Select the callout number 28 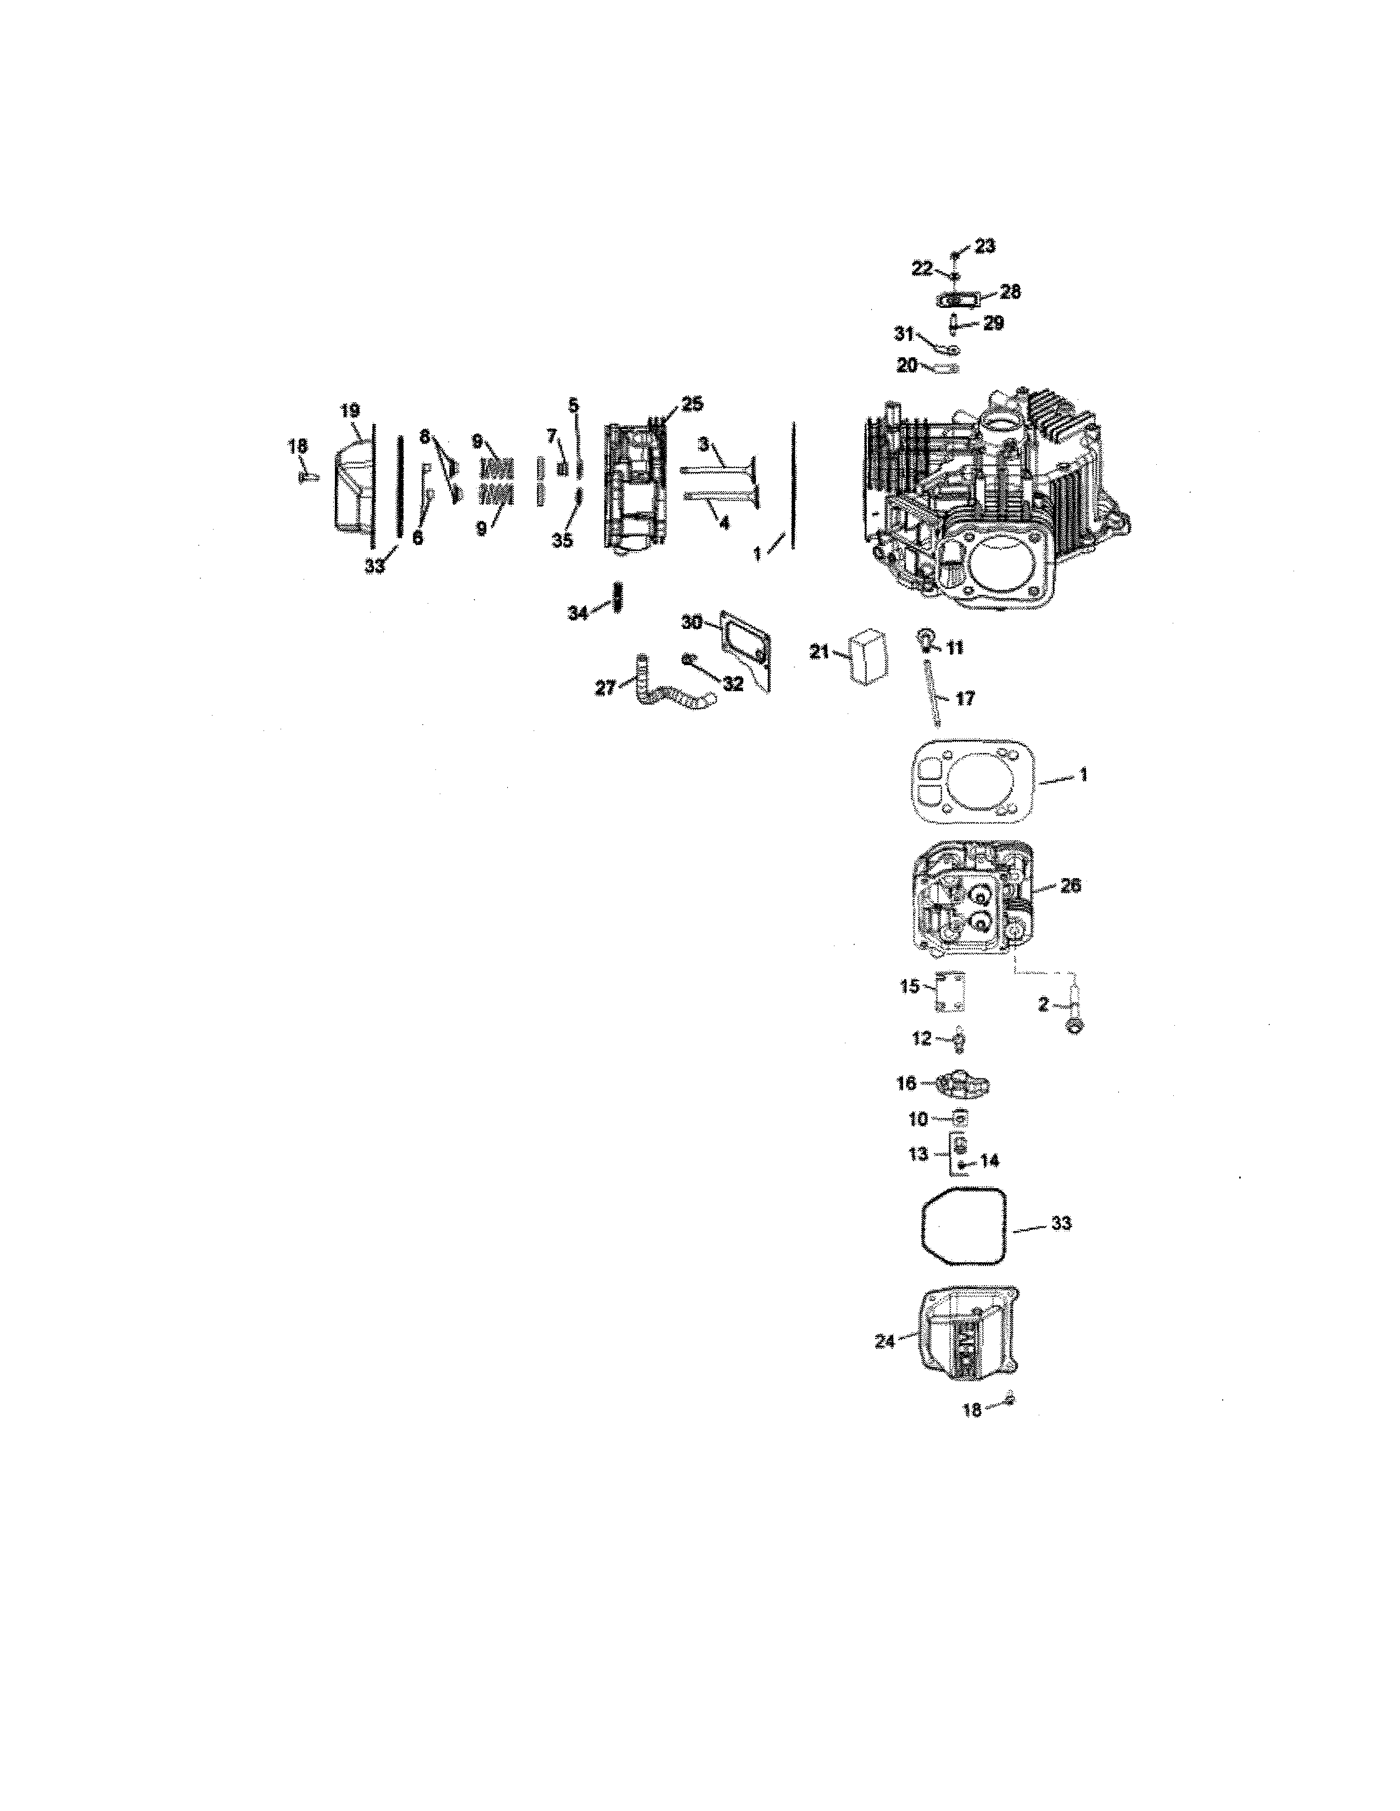1010,292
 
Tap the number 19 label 350,410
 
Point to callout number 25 692,404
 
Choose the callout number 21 820,653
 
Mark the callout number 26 1071,886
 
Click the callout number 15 910,987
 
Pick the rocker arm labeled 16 962,1084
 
